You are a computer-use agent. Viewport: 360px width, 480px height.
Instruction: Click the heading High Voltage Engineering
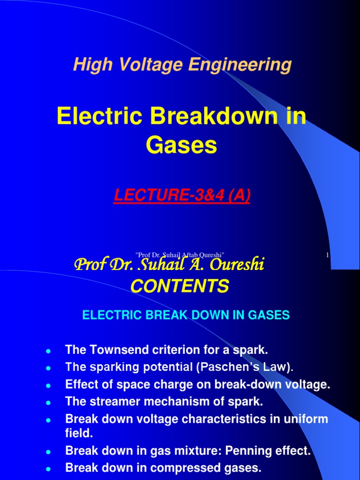click(182, 65)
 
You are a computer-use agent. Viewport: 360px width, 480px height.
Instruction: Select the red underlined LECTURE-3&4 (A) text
click(182, 195)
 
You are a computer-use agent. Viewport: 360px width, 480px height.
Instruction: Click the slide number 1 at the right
click(327, 255)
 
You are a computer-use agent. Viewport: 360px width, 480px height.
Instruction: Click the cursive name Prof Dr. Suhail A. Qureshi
click(169, 266)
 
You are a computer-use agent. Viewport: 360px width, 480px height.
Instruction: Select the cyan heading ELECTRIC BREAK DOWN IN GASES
click(186, 315)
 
